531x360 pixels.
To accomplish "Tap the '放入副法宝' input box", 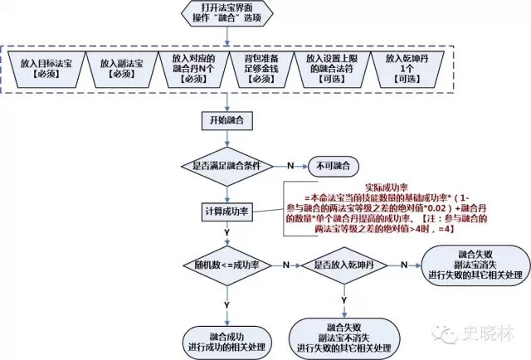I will (x=121, y=69).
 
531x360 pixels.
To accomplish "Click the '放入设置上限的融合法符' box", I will (x=329, y=69).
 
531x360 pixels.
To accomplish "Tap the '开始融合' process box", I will (x=226, y=121).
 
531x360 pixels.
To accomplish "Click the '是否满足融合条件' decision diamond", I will (x=226, y=165).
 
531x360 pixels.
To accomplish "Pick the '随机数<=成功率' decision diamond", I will (x=226, y=265).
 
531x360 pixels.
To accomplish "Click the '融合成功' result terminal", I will (x=226, y=338).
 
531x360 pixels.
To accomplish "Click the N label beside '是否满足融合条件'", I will (x=290, y=166).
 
